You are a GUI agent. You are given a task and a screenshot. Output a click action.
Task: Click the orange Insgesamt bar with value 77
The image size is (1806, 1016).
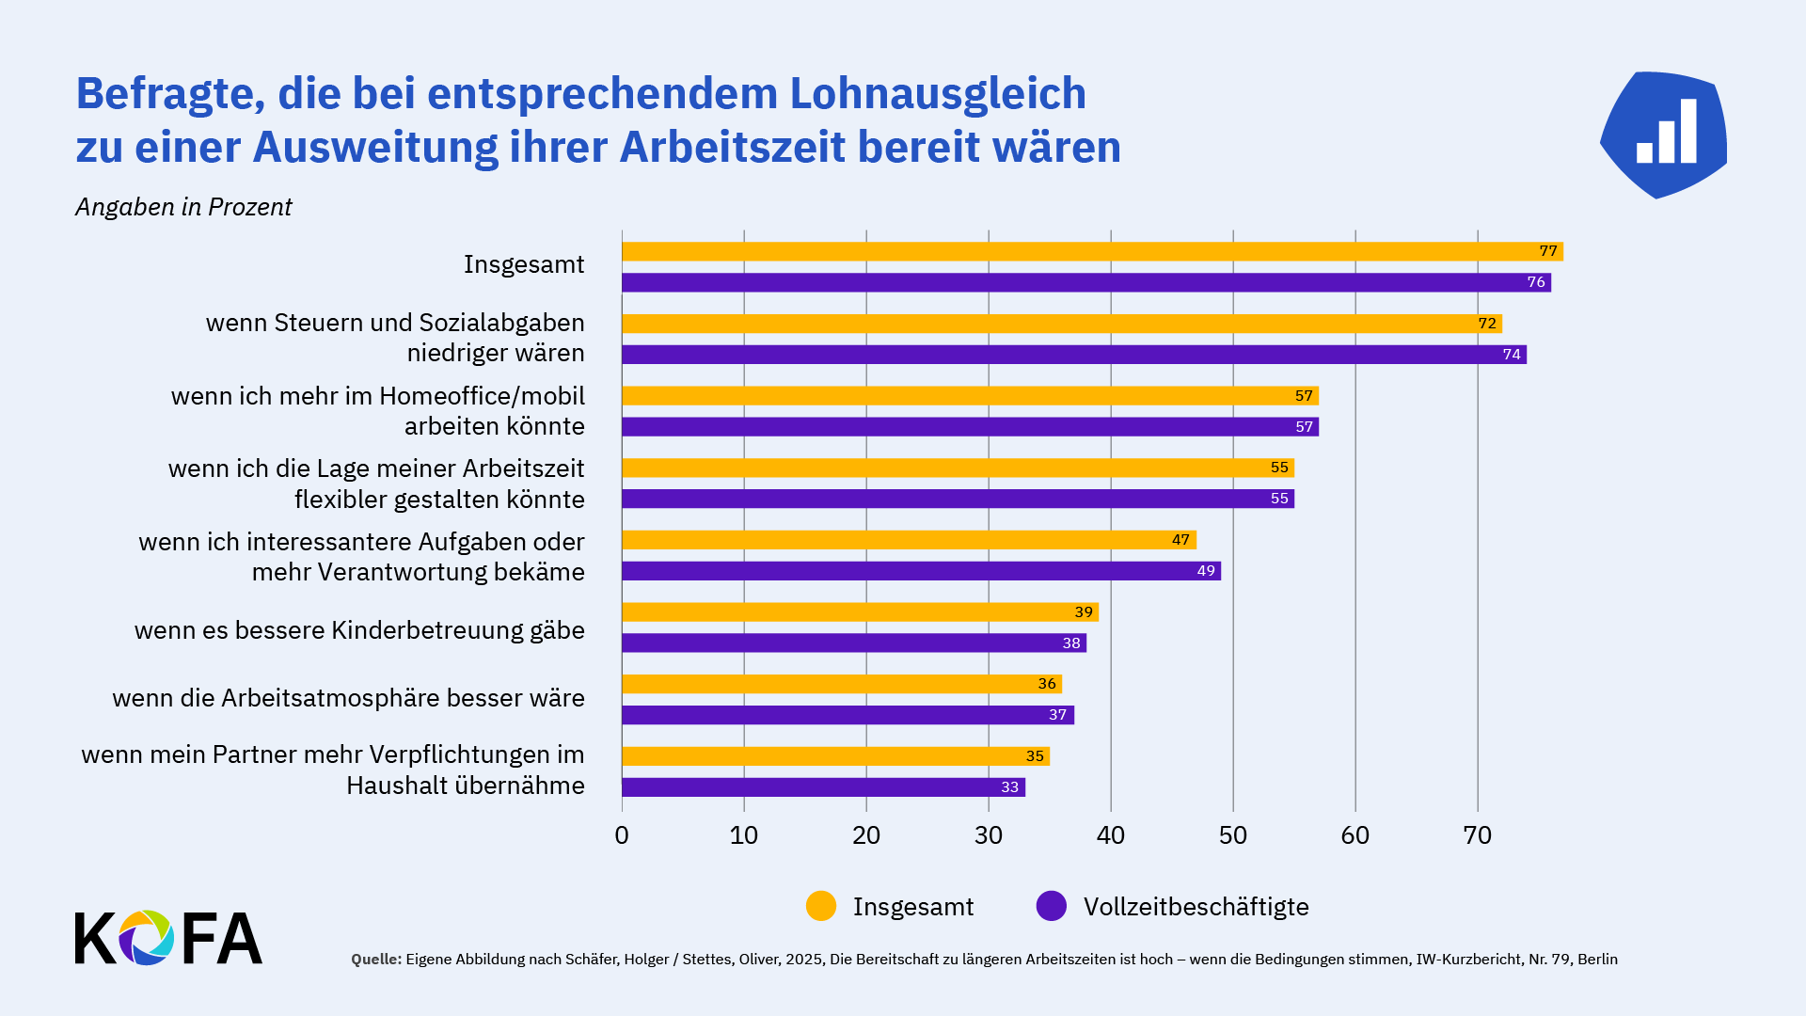[1091, 251]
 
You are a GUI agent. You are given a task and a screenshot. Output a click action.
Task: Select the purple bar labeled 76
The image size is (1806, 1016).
[1085, 282]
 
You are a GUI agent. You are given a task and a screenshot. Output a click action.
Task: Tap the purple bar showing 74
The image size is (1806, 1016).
[1073, 355]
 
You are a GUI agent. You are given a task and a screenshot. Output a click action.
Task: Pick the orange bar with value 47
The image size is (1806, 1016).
[909, 540]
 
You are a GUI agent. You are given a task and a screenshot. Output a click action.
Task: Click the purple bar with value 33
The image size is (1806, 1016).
[823, 787]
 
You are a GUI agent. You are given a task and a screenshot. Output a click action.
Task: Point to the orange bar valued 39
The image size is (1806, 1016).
[860, 612]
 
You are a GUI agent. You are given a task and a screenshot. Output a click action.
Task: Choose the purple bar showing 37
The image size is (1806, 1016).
[848, 715]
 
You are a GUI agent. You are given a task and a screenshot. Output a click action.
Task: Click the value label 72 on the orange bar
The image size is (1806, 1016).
[1486, 324]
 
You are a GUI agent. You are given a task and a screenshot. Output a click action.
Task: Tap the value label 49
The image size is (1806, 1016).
[1206, 571]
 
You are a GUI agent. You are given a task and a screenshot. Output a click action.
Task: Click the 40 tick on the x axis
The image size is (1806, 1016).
[1111, 835]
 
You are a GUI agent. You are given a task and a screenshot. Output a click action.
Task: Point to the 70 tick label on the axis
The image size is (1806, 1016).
[1478, 835]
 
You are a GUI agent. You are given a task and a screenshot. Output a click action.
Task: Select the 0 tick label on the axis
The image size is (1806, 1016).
[622, 835]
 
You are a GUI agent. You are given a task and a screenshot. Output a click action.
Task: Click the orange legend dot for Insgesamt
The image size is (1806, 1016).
[821, 906]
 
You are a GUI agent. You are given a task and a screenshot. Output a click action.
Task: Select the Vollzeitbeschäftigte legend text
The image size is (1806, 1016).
[1196, 907]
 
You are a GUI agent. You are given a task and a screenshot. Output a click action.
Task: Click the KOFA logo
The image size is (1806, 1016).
[168, 938]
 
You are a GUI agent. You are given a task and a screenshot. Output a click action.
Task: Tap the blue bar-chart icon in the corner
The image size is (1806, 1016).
[1664, 135]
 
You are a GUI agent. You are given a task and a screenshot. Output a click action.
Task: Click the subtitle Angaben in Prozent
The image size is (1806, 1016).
[183, 207]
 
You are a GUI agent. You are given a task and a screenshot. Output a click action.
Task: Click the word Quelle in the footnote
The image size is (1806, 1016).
[376, 960]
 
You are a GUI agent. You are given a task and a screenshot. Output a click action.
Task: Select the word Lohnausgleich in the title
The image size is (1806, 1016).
[938, 93]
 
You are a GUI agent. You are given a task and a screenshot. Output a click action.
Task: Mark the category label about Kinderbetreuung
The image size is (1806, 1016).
[359, 630]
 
